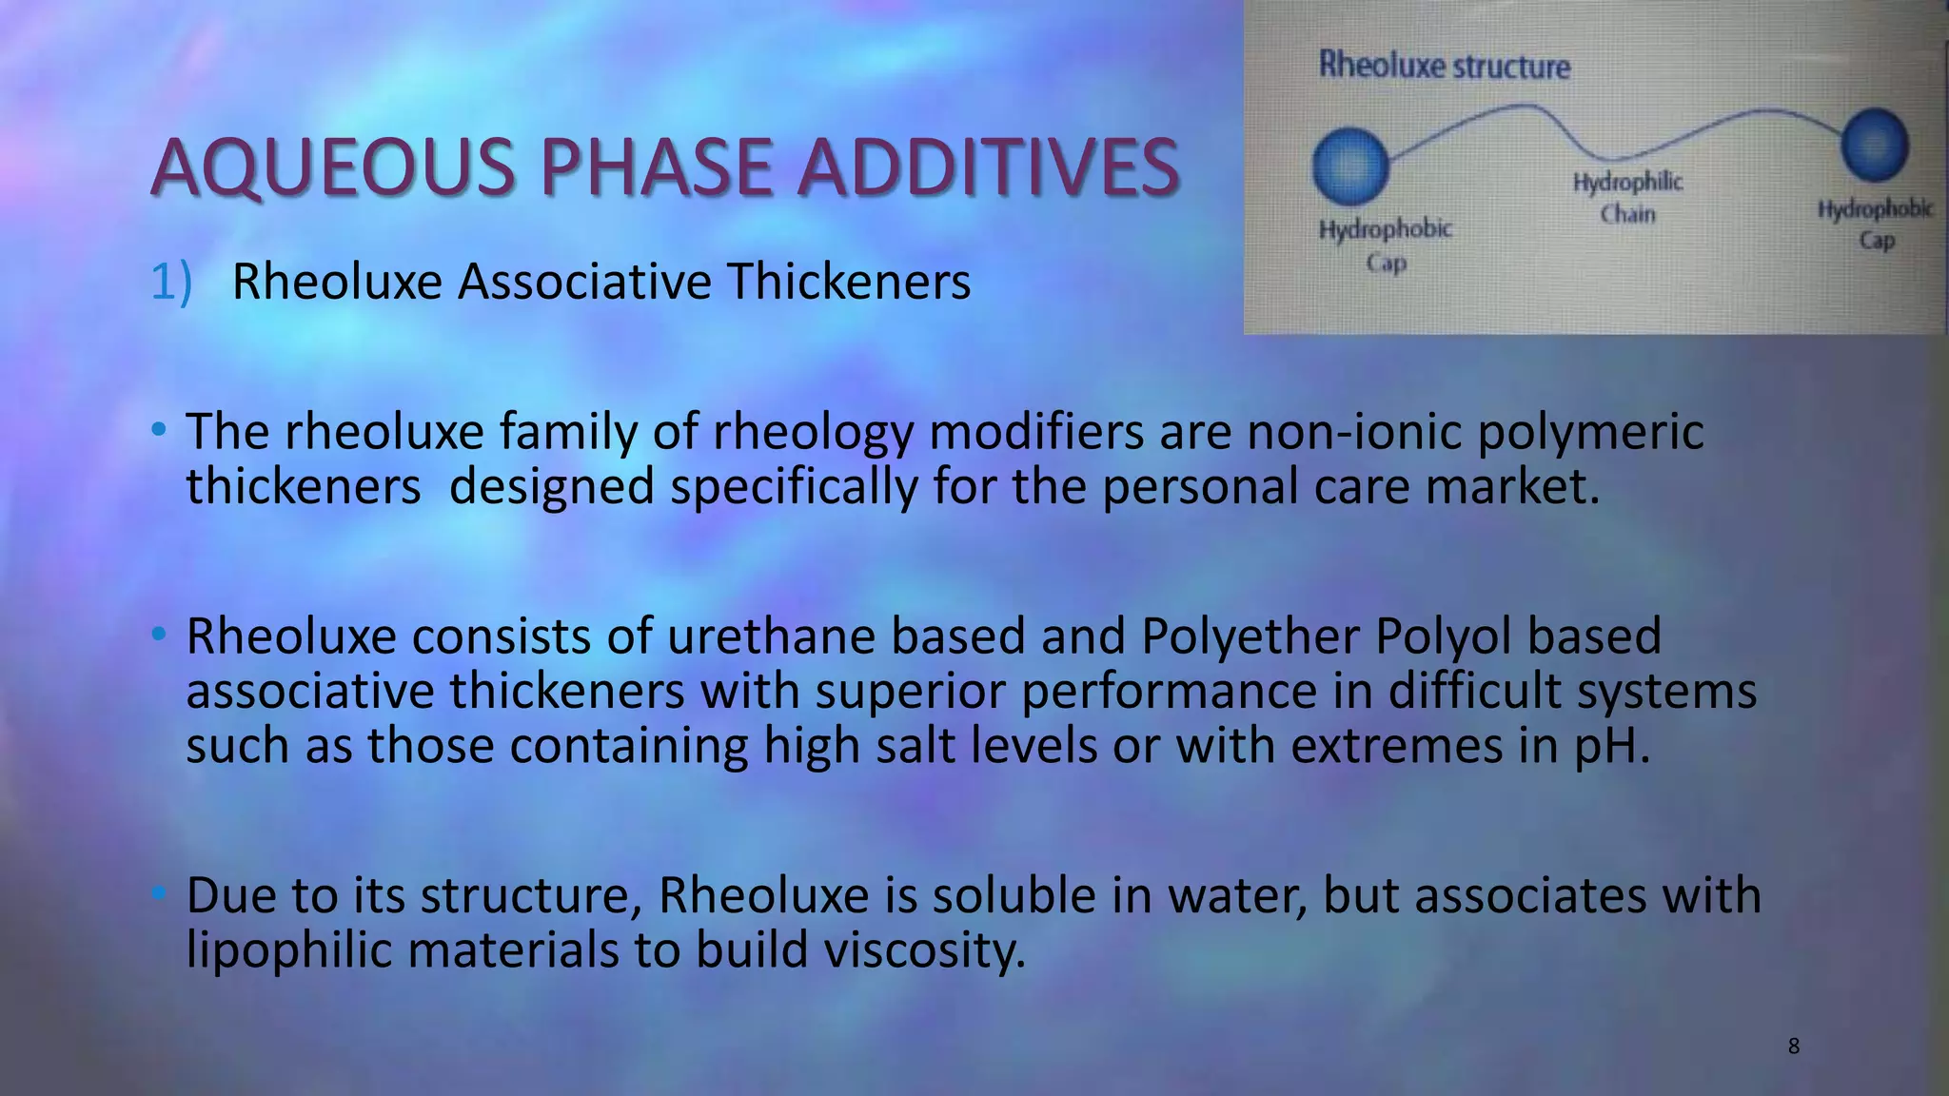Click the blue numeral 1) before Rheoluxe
(171, 283)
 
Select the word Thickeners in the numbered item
(849, 283)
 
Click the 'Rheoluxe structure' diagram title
(1444, 66)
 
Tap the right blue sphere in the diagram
(1874, 146)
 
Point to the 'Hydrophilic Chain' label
(1627, 197)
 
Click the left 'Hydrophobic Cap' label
(1386, 245)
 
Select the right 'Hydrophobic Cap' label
(1876, 224)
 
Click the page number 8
(1794, 1047)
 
